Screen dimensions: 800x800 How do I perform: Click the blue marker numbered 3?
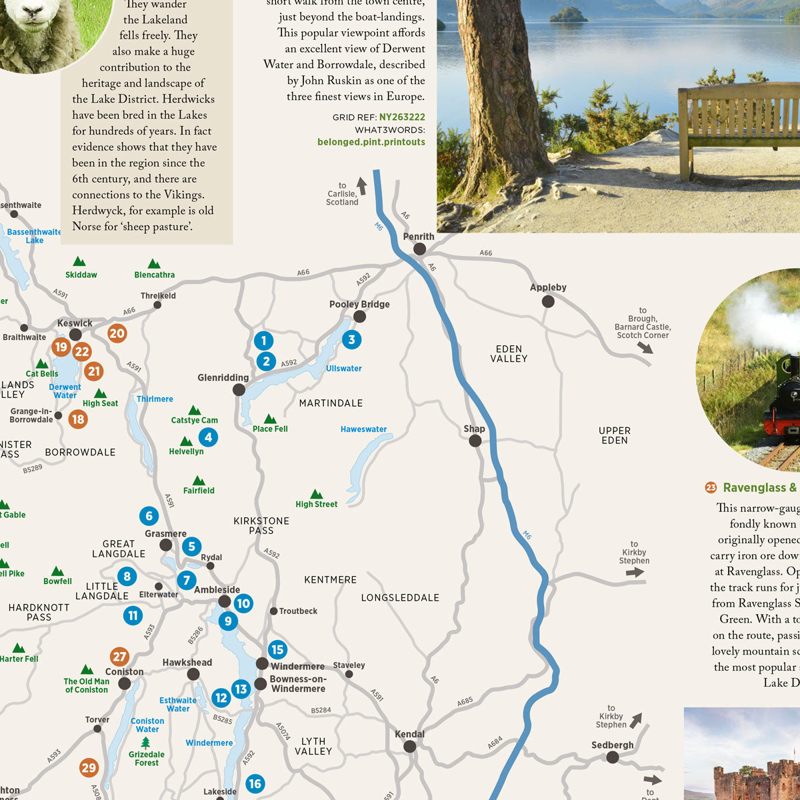coord(351,339)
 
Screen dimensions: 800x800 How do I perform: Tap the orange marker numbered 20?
coord(117,333)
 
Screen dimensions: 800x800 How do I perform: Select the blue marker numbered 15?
coord(277,649)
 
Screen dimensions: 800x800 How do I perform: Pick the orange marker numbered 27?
coord(119,657)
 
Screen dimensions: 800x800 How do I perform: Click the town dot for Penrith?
coord(419,249)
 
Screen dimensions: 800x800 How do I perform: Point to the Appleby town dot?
coord(548,301)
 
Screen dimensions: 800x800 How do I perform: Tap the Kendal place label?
coord(409,734)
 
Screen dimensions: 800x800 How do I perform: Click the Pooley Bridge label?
coord(359,304)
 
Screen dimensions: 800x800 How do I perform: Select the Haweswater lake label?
coord(363,429)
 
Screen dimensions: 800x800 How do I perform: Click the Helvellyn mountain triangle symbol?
coord(186,441)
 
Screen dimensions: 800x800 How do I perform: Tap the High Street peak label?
coord(316,504)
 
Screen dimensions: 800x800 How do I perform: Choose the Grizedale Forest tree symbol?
coord(146,742)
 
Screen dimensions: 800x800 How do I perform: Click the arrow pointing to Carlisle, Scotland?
coord(361,185)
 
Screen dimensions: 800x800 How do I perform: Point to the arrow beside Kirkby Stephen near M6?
coord(635,572)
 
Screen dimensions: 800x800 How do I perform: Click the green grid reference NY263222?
coord(402,117)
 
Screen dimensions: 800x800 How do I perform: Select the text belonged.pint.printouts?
coord(371,142)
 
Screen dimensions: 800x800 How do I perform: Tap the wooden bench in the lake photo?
coord(737,127)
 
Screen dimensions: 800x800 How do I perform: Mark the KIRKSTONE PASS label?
coord(261,525)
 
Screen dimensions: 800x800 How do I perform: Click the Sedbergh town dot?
coord(613,757)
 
